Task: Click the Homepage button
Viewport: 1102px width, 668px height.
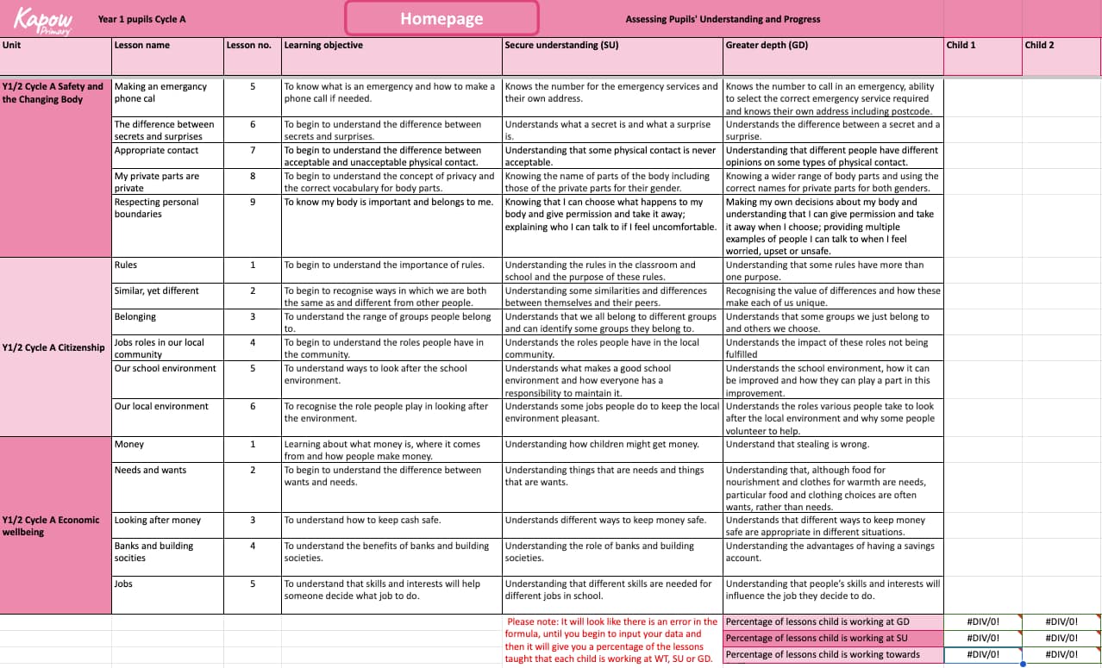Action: point(441,19)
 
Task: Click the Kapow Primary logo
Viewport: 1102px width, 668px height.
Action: point(42,19)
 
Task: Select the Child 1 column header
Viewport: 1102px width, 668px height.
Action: point(961,45)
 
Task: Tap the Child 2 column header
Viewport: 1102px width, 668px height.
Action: point(1039,45)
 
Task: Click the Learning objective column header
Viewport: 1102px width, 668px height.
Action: point(323,45)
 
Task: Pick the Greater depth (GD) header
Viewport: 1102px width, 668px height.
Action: point(767,45)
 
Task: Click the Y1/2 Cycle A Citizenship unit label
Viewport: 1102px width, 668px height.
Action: point(53,348)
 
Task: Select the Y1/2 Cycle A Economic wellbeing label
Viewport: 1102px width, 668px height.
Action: point(51,526)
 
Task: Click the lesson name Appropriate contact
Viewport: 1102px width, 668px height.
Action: point(157,151)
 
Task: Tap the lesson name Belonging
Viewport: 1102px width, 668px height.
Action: point(135,317)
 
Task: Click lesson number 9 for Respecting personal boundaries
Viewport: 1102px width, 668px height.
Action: point(253,203)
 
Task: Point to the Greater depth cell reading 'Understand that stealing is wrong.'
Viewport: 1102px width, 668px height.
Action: point(798,445)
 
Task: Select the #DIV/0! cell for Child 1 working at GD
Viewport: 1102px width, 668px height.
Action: point(982,621)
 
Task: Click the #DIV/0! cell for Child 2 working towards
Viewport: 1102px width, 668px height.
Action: point(1061,654)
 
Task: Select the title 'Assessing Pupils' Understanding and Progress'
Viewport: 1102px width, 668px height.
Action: point(723,19)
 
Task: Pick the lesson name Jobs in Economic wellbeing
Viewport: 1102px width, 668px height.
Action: point(124,584)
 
